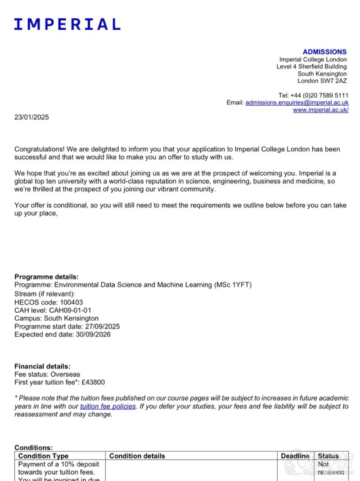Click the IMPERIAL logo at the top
point(67,24)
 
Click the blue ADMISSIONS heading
point(324,52)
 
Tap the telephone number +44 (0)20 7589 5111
point(319,95)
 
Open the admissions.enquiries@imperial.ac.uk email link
point(297,103)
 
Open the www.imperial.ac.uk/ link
point(320,110)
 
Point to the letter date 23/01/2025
point(31,117)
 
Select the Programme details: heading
point(46,277)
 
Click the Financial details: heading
point(42,367)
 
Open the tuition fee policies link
point(108,406)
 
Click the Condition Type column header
point(43,456)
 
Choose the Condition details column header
point(137,456)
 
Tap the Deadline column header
point(295,456)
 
